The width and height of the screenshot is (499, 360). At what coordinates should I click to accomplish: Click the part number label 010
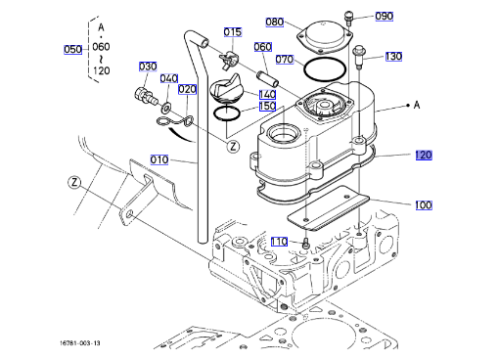click(159, 159)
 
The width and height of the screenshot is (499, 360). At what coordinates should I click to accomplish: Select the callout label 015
click(233, 32)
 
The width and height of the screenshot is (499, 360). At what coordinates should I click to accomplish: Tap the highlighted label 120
click(424, 156)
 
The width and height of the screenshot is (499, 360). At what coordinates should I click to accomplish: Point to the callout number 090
click(384, 16)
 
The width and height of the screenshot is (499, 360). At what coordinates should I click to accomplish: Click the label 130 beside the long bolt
click(393, 57)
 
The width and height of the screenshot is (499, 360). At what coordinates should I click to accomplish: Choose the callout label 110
click(279, 242)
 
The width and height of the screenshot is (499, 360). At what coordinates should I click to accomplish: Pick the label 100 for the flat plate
click(424, 205)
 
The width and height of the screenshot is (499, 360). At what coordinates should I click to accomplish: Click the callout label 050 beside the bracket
click(72, 50)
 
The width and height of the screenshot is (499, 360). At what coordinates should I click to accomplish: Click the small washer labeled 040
click(166, 107)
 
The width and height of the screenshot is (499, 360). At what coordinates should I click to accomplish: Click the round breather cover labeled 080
click(324, 37)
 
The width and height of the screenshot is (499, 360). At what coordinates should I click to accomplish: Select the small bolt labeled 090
click(348, 19)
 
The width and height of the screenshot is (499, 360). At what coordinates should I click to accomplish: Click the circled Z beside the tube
click(233, 147)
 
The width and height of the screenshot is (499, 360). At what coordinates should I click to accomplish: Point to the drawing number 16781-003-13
click(80, 342)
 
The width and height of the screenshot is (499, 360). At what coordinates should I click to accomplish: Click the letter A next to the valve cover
click(417, 105)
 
